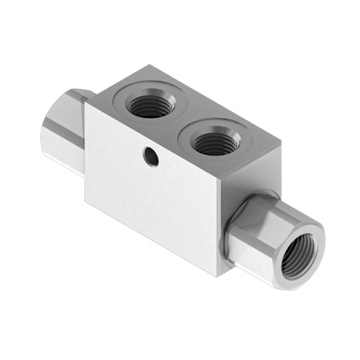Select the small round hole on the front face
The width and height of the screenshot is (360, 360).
pos(151,157)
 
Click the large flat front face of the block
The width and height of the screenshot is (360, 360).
pos(151,194)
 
